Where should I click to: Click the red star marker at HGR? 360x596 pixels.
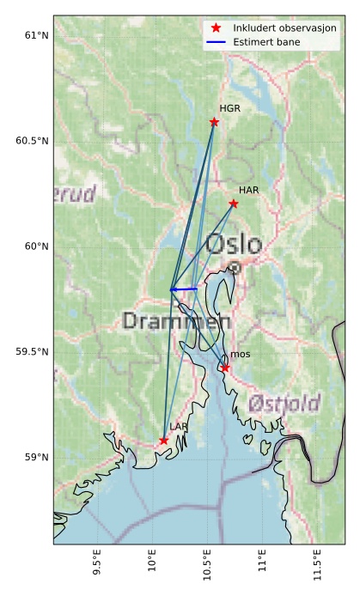pos(214,122)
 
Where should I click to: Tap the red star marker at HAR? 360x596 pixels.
pos(234,204)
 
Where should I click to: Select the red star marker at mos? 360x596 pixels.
pos(225,368)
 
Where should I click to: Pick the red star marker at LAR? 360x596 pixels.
pos(163,441)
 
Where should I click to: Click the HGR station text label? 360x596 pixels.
pos(229,109)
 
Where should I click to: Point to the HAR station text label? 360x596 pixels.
pos(249,190)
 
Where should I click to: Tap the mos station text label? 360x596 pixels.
pos(240,355)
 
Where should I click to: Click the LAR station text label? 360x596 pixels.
pos(178,427)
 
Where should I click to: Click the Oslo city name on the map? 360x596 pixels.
pos(233,244)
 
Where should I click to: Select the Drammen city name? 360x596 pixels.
pos(176,322)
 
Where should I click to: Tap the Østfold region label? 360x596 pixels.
pos(284,404)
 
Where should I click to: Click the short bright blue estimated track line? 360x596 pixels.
pos(184,289)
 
